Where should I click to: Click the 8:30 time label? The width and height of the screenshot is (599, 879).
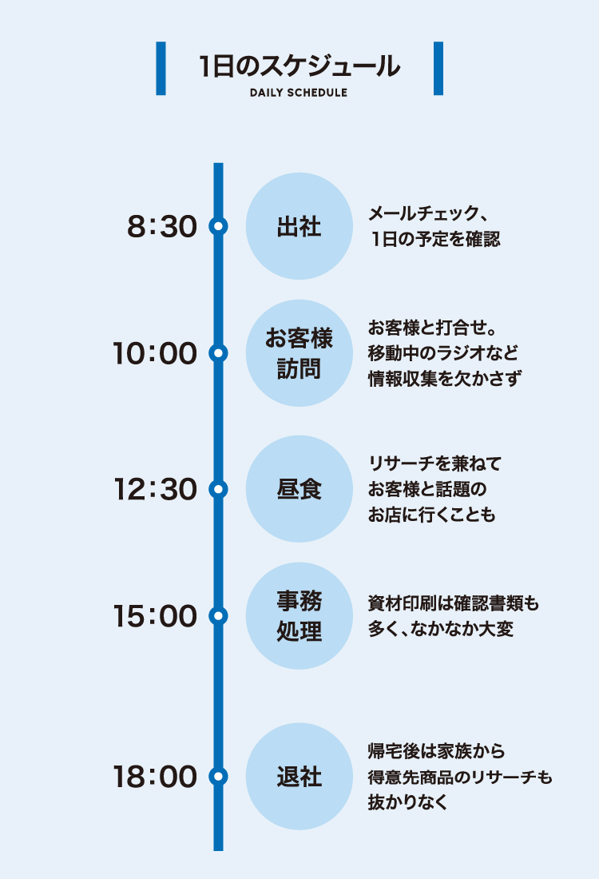click(161, 227)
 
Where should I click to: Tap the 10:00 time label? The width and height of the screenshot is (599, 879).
click(154, 353)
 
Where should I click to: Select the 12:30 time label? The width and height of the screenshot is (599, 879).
click(154, 489)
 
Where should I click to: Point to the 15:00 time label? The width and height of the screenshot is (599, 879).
click(154, 616)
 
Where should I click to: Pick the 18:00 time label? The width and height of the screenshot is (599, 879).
click(154, 777)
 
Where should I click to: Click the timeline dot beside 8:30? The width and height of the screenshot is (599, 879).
click(218, 226)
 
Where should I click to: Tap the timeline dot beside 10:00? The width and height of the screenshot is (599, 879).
click(218, 352)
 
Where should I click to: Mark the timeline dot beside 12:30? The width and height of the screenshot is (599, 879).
click(218, 488)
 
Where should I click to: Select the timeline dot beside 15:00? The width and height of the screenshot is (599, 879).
click(218, 616)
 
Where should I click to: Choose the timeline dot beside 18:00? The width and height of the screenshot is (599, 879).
click(218, 776)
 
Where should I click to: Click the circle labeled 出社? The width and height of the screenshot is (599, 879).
click(299, 226)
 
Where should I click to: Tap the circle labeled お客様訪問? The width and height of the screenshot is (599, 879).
click(299, 353)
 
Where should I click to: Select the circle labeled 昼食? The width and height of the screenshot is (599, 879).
click(299, 488)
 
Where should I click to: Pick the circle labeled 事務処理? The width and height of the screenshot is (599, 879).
click(299, 616)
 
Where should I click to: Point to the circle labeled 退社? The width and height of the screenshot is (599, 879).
click(299, 776)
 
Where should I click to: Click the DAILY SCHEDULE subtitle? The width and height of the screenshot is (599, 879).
click(299, 93)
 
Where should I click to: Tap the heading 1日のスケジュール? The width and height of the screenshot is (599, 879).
click(299, 66)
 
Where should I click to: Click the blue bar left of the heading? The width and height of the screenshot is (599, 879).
click(161, 69)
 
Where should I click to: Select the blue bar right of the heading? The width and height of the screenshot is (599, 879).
click(438, 69)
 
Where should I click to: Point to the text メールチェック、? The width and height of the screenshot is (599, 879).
click(427, 214)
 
